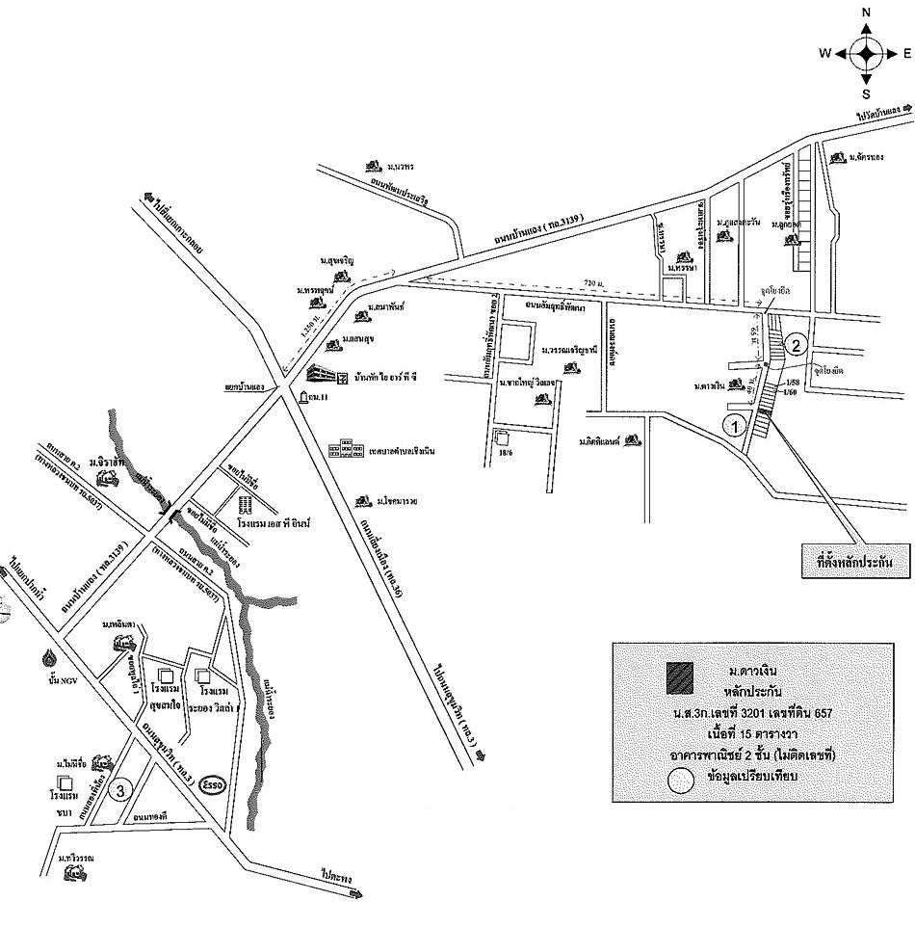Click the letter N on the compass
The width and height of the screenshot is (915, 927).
[x=866, y=13]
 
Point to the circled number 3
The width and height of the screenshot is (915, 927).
[x=119, y=791]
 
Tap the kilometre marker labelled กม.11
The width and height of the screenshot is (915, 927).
[x=320, y=397]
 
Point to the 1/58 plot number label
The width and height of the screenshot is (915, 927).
[x=791, y=383]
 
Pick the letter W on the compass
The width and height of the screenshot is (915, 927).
[x=825, y=54]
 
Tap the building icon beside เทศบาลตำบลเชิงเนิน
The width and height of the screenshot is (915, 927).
[x=342, y=450]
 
